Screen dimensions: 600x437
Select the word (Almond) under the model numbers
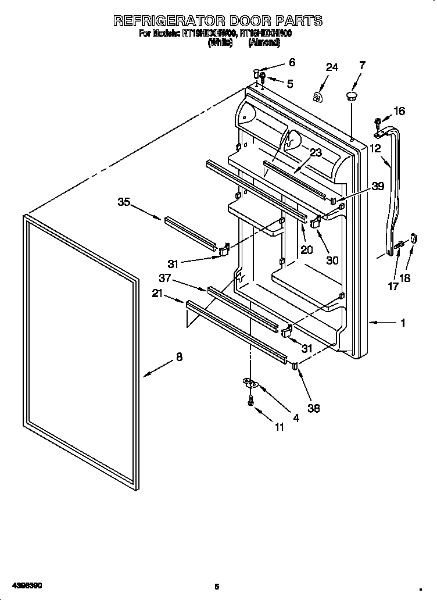(x=264, y=42)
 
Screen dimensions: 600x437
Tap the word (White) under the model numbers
(x=220, y=42)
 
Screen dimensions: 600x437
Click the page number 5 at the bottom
(x=216, y=587)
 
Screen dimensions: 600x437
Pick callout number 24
(x=331, y=68)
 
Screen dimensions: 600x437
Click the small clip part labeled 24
(x=318, y=97)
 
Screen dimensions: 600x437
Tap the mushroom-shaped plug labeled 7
(x=352, y=95)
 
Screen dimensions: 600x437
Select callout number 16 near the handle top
(x=399, y=111)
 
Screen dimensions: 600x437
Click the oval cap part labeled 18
(x=414, y=238)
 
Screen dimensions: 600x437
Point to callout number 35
(x=124, y=202)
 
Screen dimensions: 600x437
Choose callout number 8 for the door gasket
(x=179, y=358)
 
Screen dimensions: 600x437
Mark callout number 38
(x=314, y=409)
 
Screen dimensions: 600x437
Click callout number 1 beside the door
(x=403, y=323)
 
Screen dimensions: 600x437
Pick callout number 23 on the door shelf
(x=316, y=153)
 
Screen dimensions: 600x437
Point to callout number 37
(x=165, y=278)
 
